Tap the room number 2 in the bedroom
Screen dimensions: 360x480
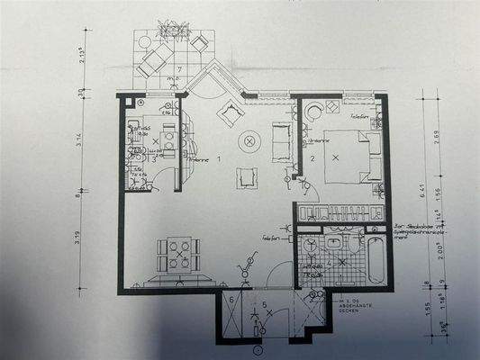(312, 160)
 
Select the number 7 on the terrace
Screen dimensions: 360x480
(179, 69)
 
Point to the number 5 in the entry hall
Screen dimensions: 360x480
(264, 305)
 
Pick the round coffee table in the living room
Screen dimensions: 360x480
(249, 140)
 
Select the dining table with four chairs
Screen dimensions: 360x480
(178, 253)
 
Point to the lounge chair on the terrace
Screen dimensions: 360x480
(155, 59)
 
